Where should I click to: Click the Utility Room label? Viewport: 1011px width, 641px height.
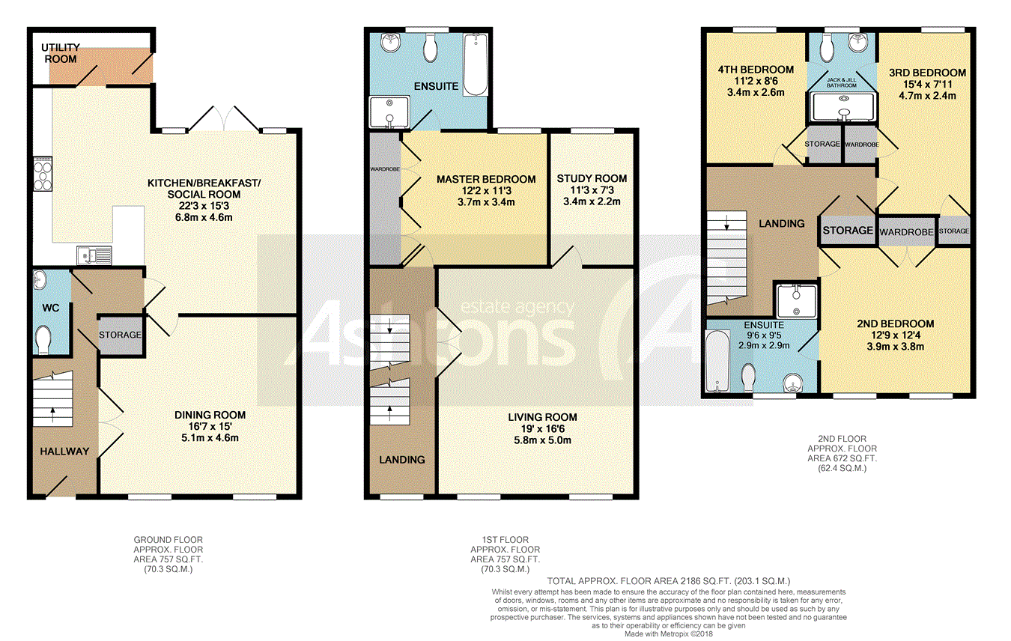[61, 53]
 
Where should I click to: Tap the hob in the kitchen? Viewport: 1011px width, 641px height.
[43, 174]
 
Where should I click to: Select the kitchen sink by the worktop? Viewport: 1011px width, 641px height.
[94, 255]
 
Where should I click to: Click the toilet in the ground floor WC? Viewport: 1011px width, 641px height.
[43, 338]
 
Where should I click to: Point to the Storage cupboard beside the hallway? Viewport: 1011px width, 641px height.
[121, 335]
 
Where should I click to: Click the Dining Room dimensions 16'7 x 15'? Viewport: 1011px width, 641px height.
[210, 427]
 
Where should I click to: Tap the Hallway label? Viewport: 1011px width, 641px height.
[64, 452]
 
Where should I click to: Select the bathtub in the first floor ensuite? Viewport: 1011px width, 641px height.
[476, 64]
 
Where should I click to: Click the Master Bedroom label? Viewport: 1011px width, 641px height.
[486, 179]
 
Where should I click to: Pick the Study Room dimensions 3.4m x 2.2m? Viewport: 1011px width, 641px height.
[592, 201]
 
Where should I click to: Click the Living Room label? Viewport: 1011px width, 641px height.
[542, 417]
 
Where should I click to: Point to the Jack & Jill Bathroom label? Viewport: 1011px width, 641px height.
[841, 82]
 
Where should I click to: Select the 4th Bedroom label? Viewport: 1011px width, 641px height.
[756, 70]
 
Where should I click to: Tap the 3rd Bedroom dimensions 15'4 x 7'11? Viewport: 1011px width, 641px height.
[927, 85]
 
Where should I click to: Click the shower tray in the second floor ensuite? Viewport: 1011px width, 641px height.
[797, 300]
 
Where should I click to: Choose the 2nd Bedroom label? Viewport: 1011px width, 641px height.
[896, 323]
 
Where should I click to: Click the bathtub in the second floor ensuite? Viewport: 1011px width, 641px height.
[717, 361]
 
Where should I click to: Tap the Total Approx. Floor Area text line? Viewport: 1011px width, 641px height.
[669, 581]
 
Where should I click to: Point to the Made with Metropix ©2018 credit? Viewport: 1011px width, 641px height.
[669, 634]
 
